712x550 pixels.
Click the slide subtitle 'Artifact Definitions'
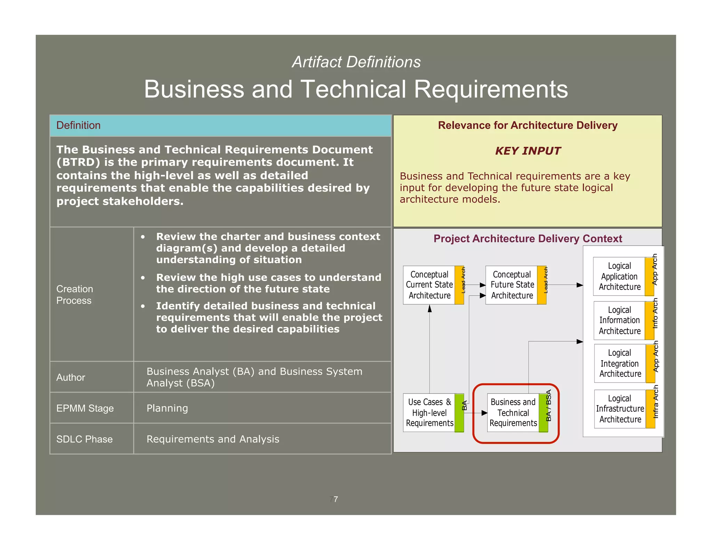point(356,62)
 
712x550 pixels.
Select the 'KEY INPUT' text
point(527,151)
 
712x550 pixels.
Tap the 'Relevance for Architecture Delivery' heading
point(527,126)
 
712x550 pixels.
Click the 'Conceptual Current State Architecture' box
point(429,285)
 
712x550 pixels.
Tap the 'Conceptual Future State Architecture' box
point(512,285)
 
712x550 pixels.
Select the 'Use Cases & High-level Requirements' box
point(429,413)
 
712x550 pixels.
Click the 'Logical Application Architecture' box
point(619,276)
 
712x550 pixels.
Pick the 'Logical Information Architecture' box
point(620,321)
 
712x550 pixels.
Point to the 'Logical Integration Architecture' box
point(620,363)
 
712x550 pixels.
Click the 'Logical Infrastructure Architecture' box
point(620,409)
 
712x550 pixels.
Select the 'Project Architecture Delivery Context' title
point(527,239)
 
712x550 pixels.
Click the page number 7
point(335,499)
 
